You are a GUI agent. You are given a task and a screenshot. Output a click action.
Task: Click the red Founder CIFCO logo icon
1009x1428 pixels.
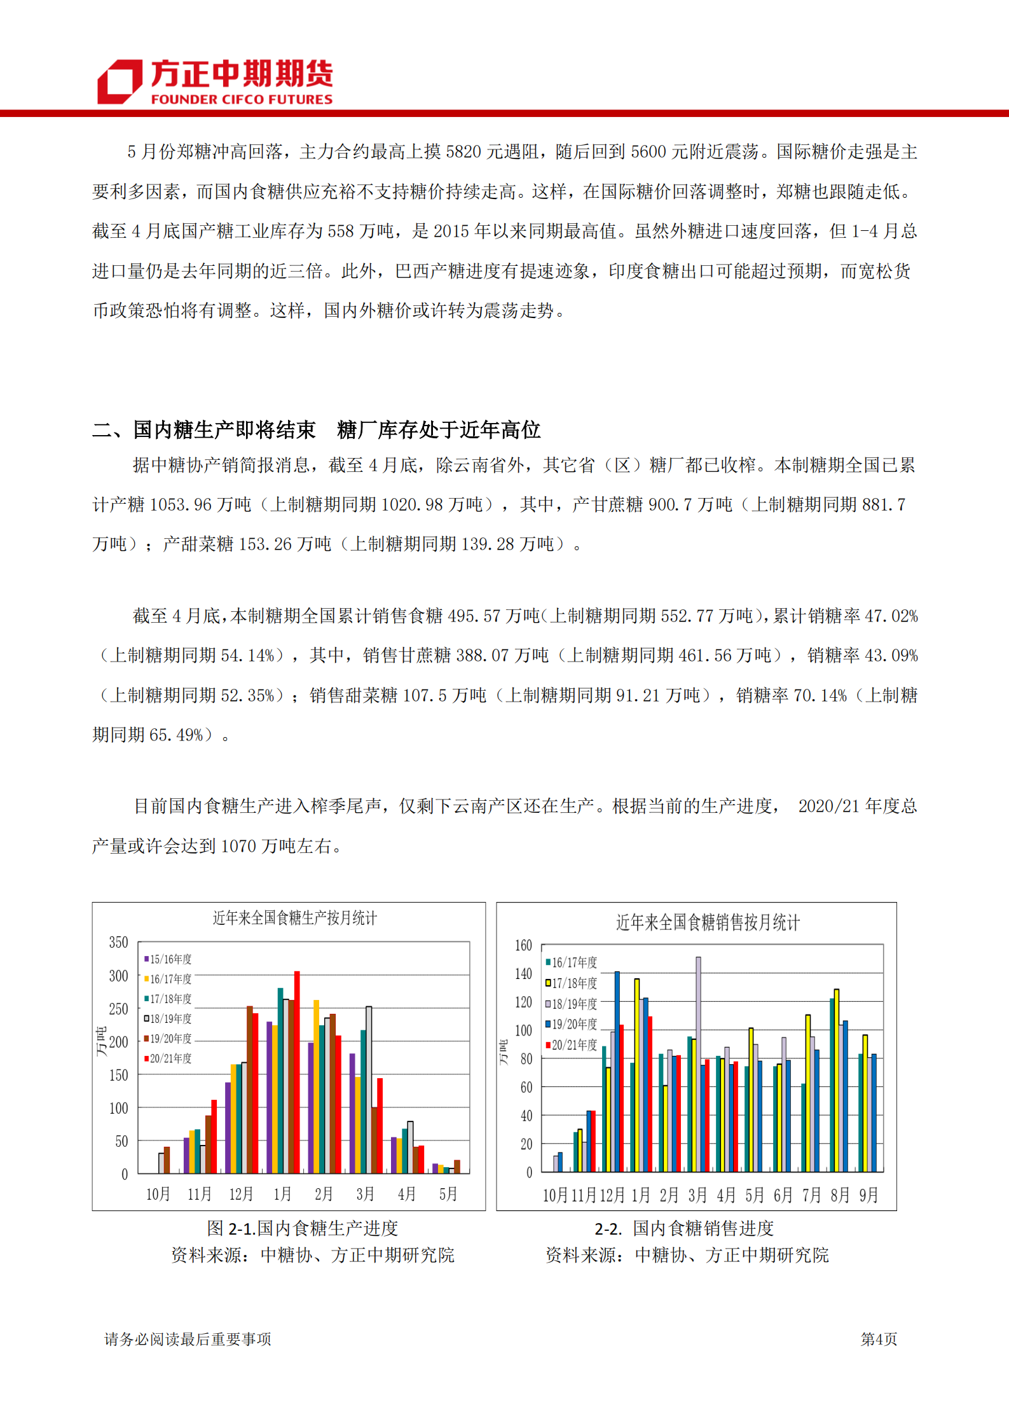click(x=119, y=81)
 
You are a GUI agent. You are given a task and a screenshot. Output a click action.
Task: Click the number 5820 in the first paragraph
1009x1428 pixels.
click(x=463, y=152)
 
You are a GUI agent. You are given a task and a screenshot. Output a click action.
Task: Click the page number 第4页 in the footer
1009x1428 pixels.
click(x=879, y=1339)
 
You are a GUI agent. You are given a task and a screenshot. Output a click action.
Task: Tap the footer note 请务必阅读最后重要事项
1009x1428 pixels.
click(x=188, y=1339)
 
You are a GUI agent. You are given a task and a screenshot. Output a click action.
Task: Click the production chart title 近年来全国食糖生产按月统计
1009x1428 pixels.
click(x=294, y=918)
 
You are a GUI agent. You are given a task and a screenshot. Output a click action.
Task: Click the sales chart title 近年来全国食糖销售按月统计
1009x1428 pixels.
click(x=707, y=922)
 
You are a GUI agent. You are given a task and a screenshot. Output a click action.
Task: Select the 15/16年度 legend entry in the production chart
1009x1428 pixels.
click(x=168, y=959)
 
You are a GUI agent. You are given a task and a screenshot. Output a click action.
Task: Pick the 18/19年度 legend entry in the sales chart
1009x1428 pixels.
click(x=571, y=1004)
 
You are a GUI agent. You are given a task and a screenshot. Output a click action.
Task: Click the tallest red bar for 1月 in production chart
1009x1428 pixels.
click(x=297, y=1072)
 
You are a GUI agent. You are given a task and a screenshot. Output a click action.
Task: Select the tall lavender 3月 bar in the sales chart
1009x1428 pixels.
click(x=698, y=1064)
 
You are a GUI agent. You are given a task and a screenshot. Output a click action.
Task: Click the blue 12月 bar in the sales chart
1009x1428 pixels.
click(x=617, y=1071)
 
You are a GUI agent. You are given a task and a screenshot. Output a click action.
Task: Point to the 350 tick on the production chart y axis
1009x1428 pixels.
click(x=118, y=943)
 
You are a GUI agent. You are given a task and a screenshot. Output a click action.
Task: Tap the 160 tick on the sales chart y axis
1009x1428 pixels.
click(x=523, y=945)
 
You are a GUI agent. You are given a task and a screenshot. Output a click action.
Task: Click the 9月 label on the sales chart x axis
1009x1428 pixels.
click(x=868, y=1195)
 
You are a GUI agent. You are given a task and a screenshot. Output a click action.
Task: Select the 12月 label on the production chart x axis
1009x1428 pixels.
click(x=241, y=1194)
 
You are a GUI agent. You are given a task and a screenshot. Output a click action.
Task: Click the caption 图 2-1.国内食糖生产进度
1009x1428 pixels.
click(x=303, y=1228)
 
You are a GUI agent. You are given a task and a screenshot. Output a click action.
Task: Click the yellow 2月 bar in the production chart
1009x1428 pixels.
click(x=316, y=1087)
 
